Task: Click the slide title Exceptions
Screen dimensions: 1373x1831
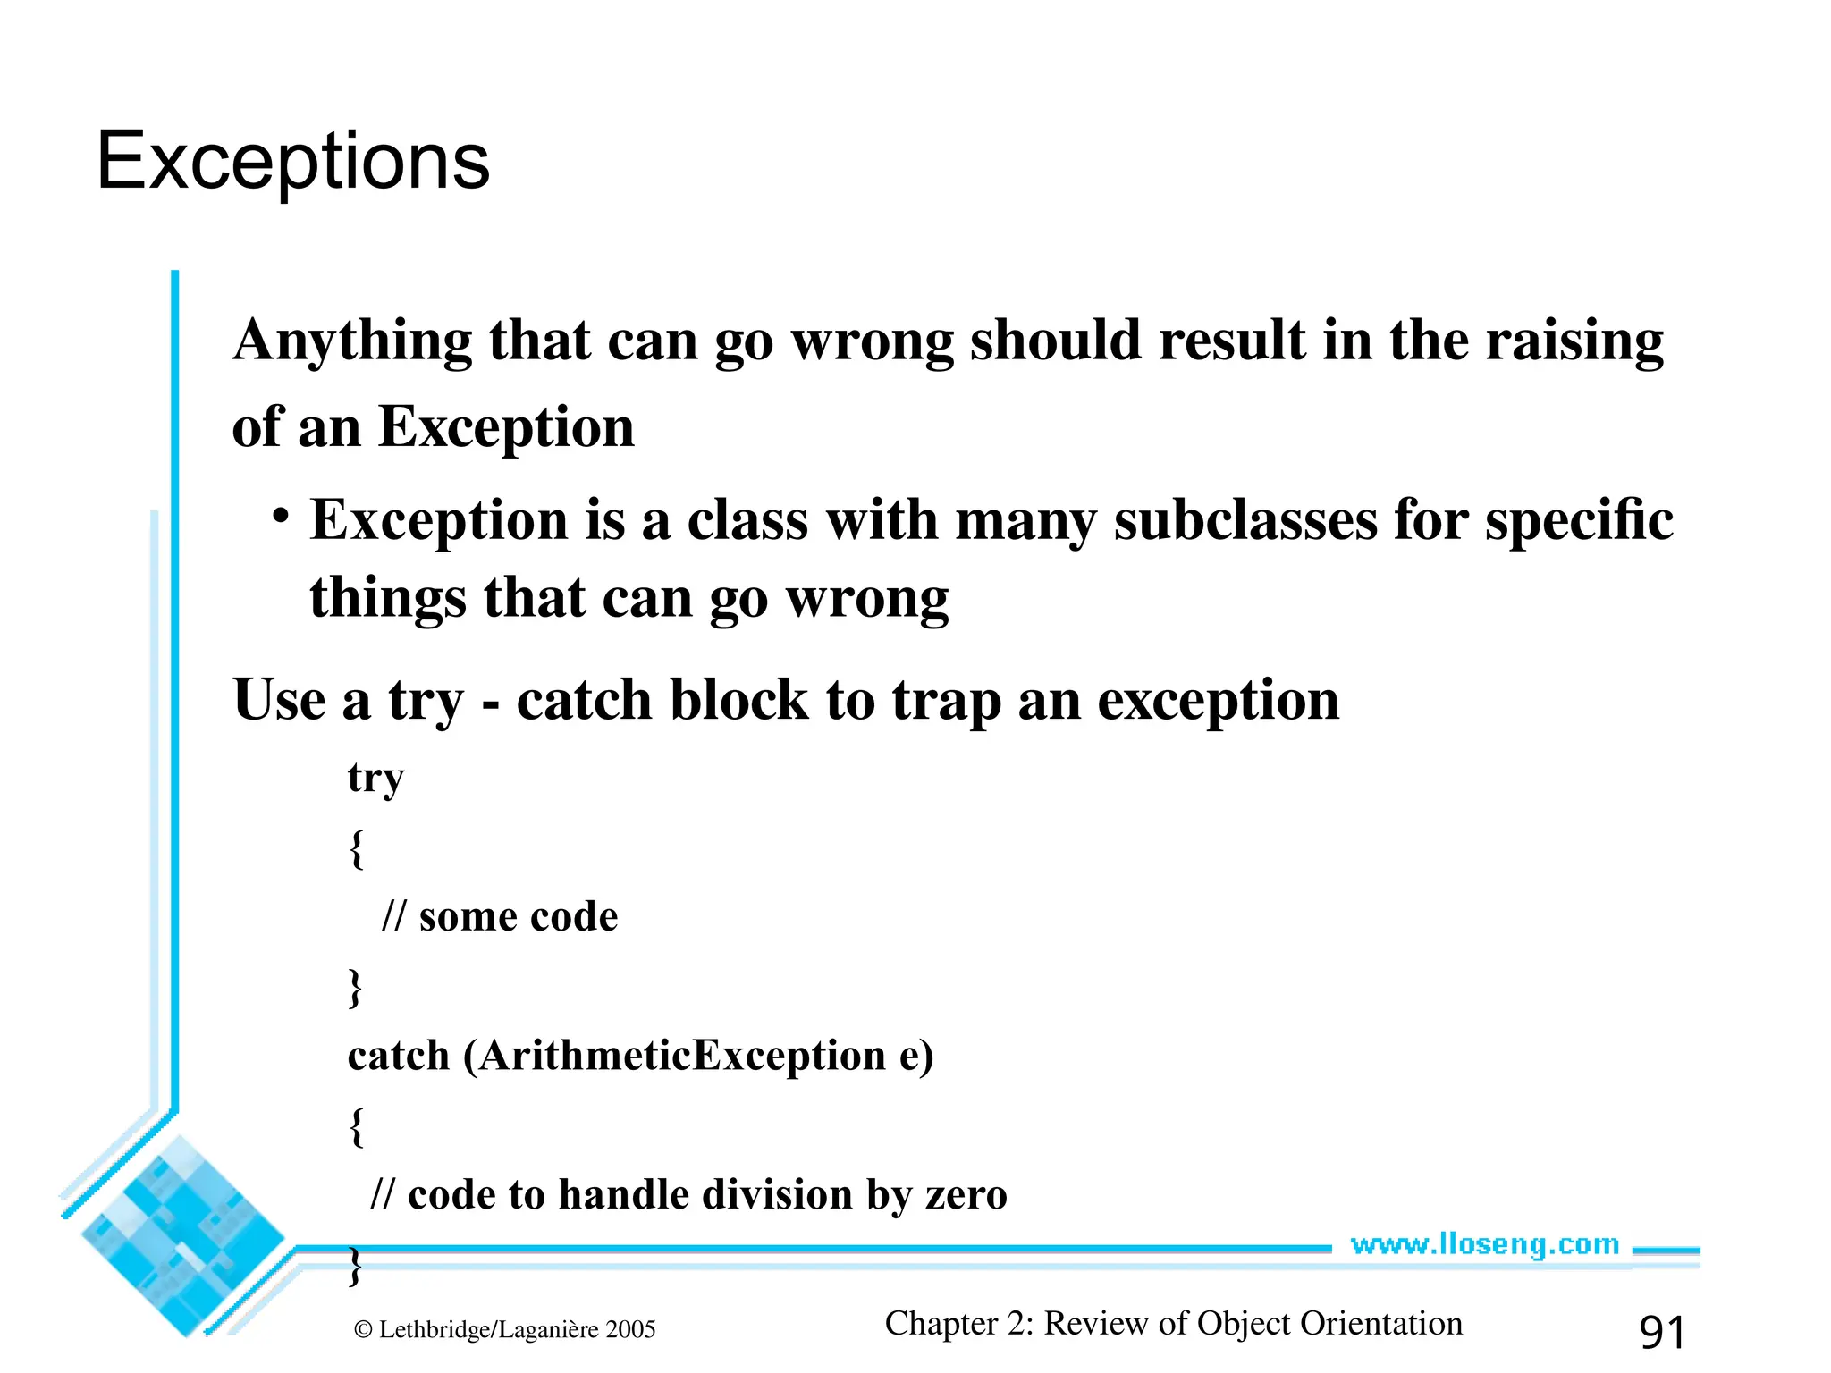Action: (293, 161)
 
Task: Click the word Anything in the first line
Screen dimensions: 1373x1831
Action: (351, 341)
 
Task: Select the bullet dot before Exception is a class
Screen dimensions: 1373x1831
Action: (282, 517)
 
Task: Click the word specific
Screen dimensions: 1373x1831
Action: (1579, 520)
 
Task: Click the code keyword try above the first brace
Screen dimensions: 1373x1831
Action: (375, 779)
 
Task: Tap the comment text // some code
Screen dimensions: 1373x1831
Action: (500, 917)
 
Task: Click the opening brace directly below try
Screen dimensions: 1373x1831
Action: (357, 848)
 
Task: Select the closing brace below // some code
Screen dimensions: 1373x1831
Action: (355, 988)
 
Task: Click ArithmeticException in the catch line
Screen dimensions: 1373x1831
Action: (682, 1056)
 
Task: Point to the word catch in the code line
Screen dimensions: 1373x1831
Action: (398, 1056)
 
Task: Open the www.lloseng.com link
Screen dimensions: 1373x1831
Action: (1484, 1244)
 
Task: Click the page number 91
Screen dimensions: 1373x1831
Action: (1662, 1332)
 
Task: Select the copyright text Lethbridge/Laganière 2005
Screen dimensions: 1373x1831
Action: (516, 1329)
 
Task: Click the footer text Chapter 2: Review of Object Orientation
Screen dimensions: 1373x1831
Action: (1173, 1323)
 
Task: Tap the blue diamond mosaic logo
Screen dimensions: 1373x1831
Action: (183, 1238)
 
